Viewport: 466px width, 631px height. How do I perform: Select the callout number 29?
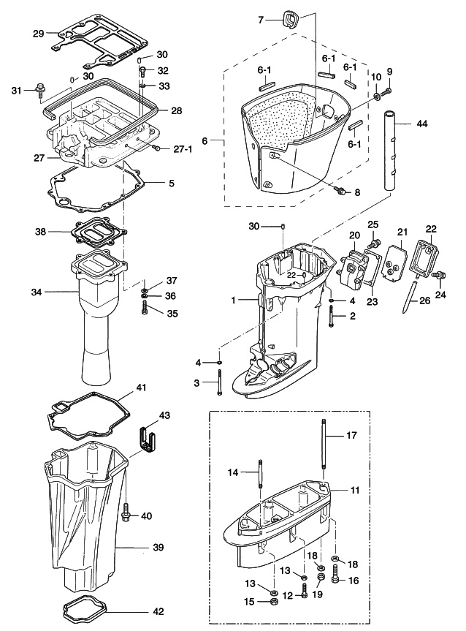[39, 33]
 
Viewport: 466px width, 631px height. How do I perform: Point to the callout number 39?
[158, 547]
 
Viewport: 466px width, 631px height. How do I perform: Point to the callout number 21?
[401, 232]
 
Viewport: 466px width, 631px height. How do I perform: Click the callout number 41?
[141, 388]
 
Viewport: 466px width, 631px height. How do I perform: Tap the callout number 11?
[355, 490]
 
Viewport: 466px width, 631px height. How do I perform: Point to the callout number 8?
[357, 193]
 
